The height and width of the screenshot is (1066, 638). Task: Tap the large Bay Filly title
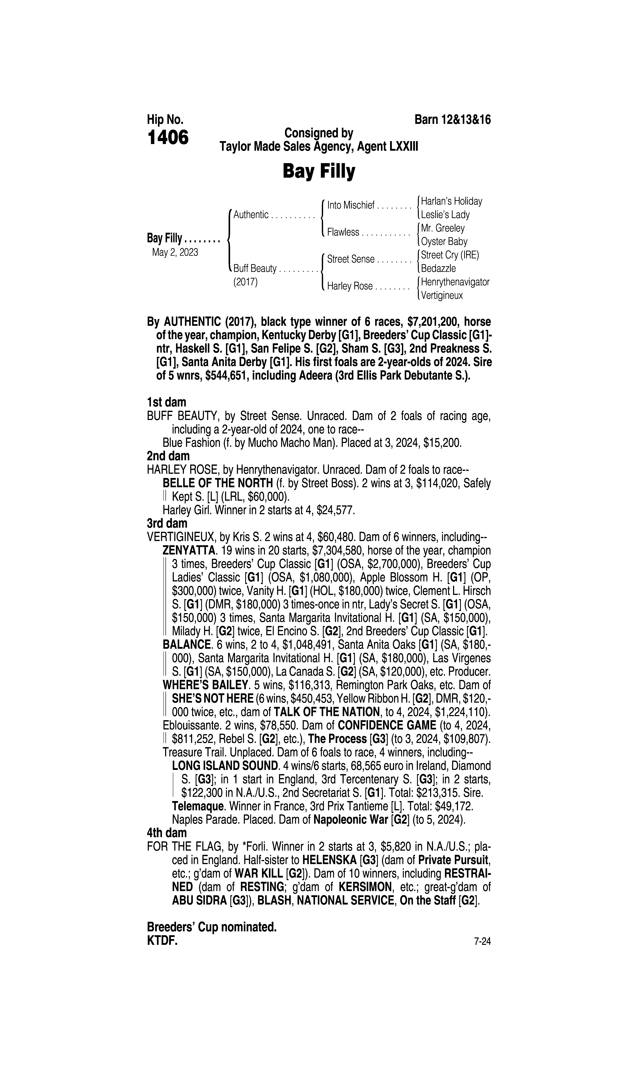coord(319,172)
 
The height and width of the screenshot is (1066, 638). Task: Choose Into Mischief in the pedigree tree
coord(351,205)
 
